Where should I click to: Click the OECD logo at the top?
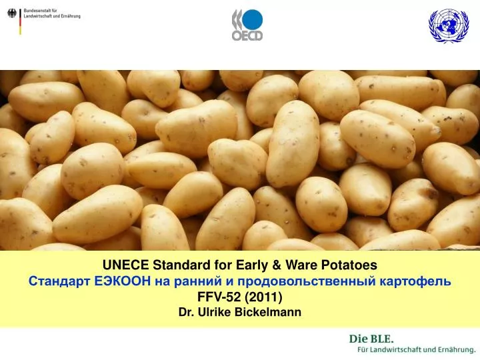(x=247, y=25)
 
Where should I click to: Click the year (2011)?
(x=265, y=297)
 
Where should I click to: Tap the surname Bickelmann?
(x=270, y=312)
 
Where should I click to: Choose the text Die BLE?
(x=367, y=338)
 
